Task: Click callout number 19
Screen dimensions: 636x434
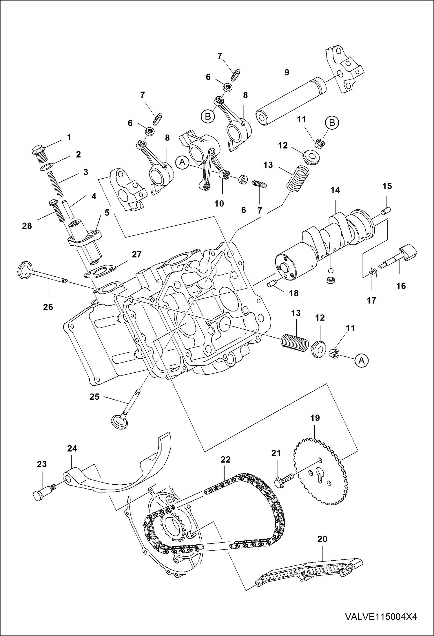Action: pyautogui.click(x=315, y=418)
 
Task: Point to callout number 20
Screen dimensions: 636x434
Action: pyautogui.click(x=322, y=539)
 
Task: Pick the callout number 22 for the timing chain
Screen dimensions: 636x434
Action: pyautogui.click(x=225, y=460)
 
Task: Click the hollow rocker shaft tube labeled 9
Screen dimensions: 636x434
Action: pyautogui.click(x=290, y=102)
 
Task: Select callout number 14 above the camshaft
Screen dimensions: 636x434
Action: pyautogui.click(x=335, y=190)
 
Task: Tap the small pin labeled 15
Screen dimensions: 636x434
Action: pyautogui.click(x=386, y=210)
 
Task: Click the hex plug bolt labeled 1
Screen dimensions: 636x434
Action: pyautogui.click(x=39, y=153)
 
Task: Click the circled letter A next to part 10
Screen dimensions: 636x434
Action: pyautogui.click(x=182, y=162)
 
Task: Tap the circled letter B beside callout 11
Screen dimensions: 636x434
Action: pyautogui.click(x=332, y=123)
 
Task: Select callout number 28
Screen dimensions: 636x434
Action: pyautogui.click(x=27, y=226)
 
